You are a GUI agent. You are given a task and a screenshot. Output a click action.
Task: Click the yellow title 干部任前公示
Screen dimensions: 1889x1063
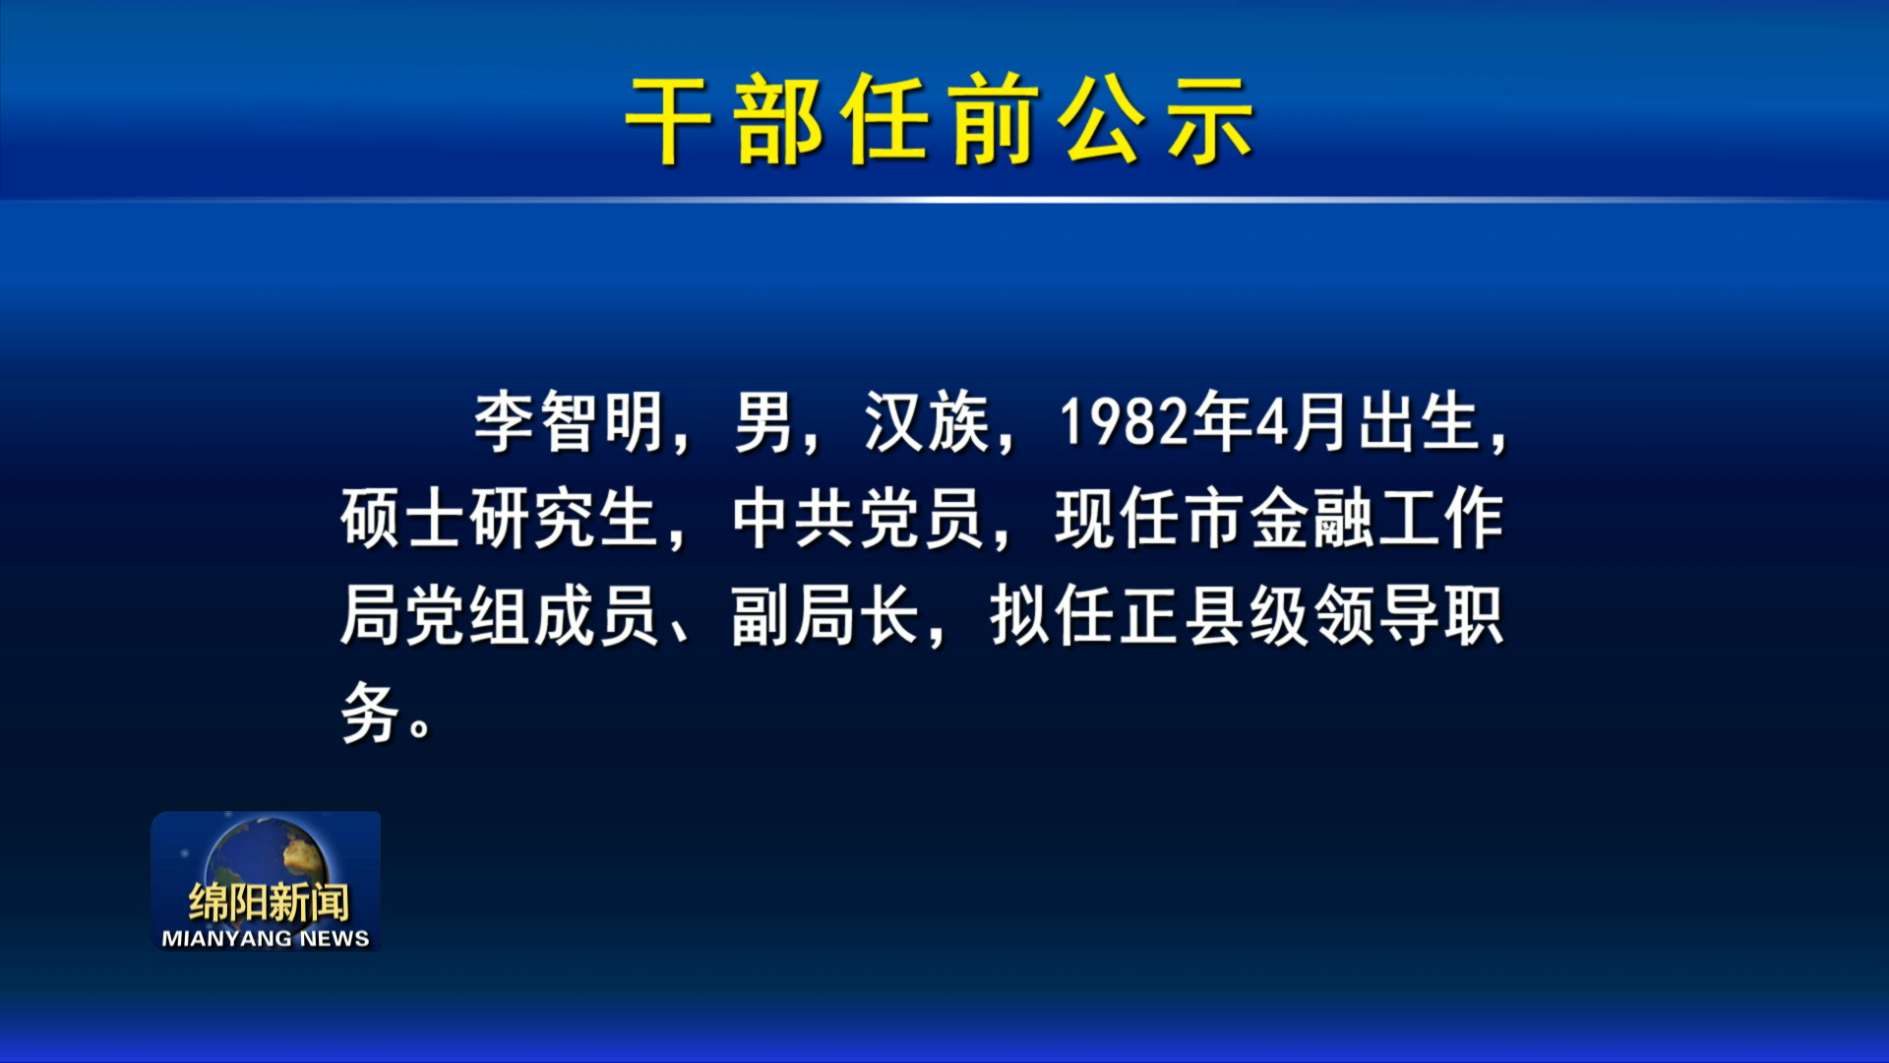[x=941, y=120]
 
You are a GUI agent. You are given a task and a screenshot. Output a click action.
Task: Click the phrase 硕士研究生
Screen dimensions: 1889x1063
[x=499, y=518]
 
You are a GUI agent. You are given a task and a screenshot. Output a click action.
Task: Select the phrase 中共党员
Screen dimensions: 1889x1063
[x=858, y=518]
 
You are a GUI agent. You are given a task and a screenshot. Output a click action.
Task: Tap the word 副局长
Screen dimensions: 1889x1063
[x=825, y=615]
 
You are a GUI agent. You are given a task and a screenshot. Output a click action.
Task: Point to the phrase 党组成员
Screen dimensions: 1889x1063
[x=531, y=615]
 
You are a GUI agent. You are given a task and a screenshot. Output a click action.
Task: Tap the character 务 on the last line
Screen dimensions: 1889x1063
[x=370, y=712]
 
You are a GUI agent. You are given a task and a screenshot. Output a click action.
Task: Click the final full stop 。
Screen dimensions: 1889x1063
[x=420, y=727]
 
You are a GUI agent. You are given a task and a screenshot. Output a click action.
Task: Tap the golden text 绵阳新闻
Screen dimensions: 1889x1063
[x=269, y=902]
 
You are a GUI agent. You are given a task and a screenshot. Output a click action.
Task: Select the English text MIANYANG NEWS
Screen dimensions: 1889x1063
[x=266, y=939]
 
